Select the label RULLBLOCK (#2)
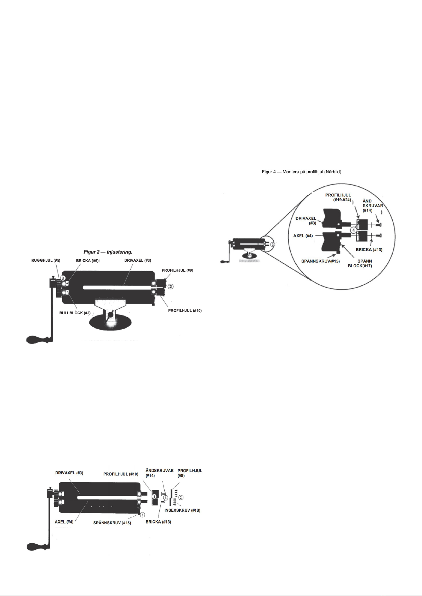(75, 313)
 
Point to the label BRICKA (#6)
(87, 260)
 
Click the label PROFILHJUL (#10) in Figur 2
(185, 311)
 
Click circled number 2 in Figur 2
(170, 286)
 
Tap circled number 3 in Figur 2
(62, 278)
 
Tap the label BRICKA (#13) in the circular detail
(369, 250)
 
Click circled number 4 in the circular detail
(353, 230)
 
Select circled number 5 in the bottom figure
(154, 497)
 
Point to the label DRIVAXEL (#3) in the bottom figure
(69, 473)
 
